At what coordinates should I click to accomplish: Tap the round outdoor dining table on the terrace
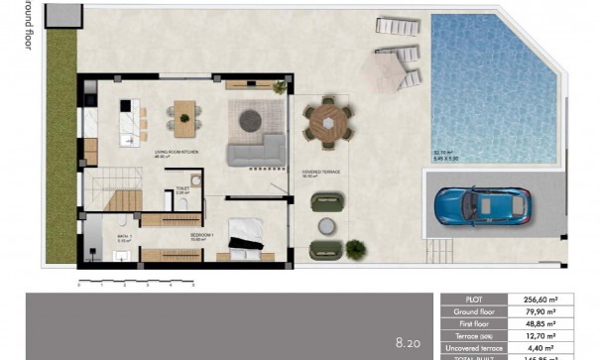pyautogui.click(x=327, y=123)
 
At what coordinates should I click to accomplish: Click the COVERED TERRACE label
pyautogui.click(x=320, y=172)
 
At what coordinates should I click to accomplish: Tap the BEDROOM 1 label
pyautogui.click(x=203, y=235)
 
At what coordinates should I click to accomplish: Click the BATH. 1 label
pyautogui.click(x=123, y=236)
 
